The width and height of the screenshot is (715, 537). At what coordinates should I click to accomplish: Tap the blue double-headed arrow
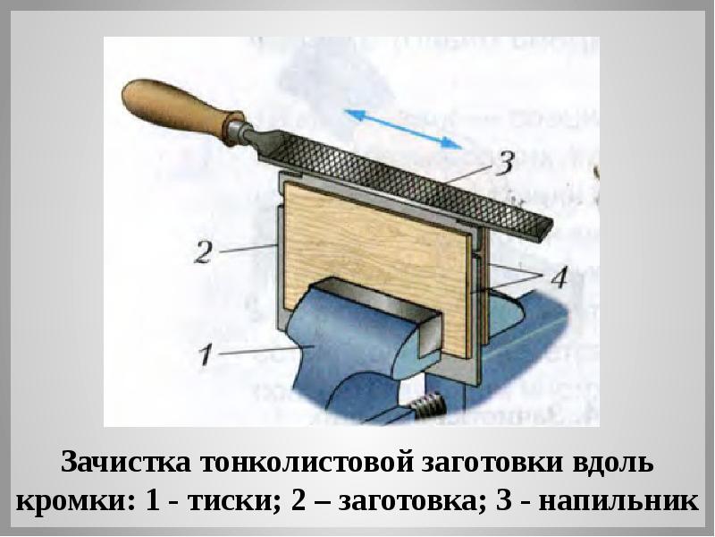coord(403,127)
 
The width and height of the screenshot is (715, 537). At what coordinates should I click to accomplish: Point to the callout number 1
coord(205,355)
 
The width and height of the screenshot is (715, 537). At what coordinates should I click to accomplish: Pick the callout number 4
coord(558,277)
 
